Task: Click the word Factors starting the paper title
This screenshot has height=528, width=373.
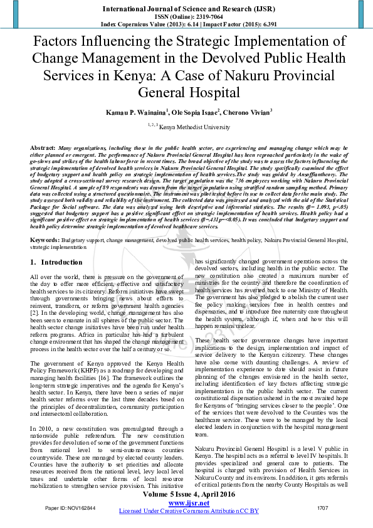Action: coord(62,43)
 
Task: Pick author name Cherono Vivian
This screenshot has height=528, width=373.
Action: coord(248,112)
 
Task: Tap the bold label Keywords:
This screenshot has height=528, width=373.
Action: coord(45,223)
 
